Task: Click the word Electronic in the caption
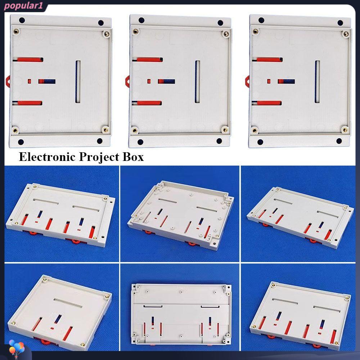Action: point(47,157)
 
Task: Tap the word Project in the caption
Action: point(99,157)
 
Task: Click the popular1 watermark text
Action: point(23,6)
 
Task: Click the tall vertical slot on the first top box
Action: point(78,82)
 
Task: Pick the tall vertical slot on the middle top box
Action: point(197,82)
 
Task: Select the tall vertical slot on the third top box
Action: point(317,82)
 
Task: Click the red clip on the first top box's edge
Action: point(8,81)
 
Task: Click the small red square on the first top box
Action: point(30,81)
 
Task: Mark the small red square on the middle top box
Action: point(149,81)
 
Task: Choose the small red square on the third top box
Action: point(269,81)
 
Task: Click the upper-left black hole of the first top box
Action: point(22,20)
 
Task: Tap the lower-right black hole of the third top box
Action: point(339,141)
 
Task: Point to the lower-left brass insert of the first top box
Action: point(15,131)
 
